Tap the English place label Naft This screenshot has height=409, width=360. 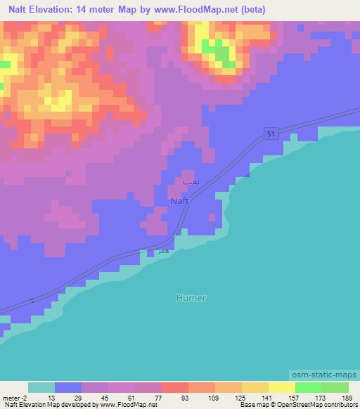[x=179, y=201]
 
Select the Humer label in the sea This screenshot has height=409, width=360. [x=191, y=298]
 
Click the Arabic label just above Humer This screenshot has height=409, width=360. [x=162, y=249]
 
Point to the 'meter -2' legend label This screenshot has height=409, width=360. [x=15, y=398]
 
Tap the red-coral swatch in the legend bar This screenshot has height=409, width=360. [x=174, y=387]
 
